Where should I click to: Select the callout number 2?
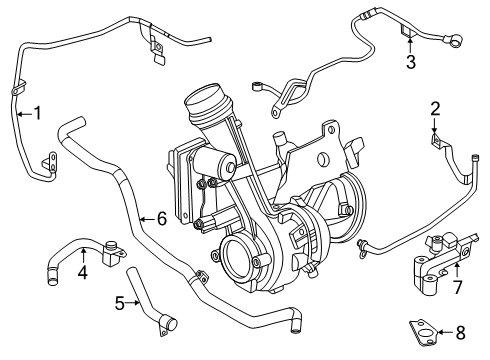pyautogui.click(x=435, y=108)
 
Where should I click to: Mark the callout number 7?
pyautogui.click(x=458, y=287)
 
